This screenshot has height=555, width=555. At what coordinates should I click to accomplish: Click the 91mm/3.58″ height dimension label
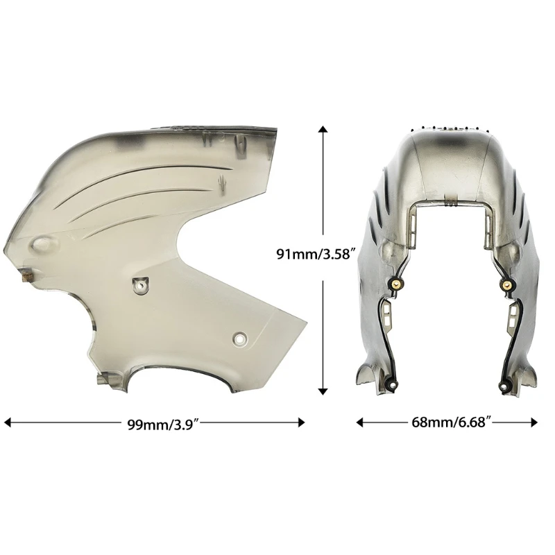click(x=316, y=254)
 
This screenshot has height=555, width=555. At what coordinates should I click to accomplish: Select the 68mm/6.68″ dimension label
click(x=452, y=422)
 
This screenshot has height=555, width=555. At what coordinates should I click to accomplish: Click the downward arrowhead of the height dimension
click(x=323, y=391)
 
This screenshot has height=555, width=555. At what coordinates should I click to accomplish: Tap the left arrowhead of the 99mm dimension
click(x=7, y=422)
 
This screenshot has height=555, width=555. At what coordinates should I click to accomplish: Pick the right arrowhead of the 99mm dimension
click(x=301, y=422)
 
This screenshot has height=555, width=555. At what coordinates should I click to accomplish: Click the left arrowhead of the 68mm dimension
click(x=359, y=422)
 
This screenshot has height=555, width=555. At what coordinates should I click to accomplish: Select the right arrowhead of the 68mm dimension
click(x=534, y=422)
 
